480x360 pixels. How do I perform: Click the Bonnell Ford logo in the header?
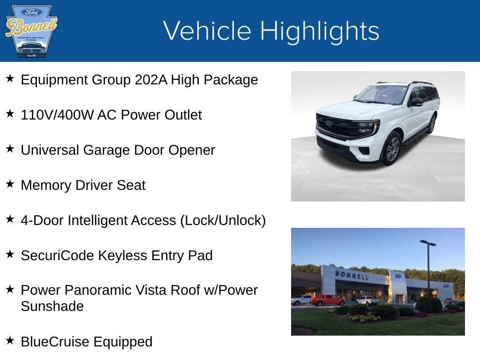click(31, 31)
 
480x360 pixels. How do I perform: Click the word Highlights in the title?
click(320, 31)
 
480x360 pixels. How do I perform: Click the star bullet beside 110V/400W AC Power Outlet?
click(10, 114)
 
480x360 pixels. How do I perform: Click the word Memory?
click(45, 185)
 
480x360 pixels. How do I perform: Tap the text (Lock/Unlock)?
click(223, 220)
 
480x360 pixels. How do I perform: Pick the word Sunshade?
click(52, 306)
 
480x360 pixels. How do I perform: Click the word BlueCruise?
click(55, 342)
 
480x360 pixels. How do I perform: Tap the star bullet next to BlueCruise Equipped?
click(10, 341)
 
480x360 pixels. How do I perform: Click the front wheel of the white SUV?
click(392, 149)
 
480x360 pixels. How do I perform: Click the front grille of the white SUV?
click(345, 126)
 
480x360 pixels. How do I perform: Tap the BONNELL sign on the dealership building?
click(352, 275)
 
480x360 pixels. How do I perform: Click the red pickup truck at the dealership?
click(328, 300)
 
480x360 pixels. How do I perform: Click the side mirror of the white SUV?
click(416, 102)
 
